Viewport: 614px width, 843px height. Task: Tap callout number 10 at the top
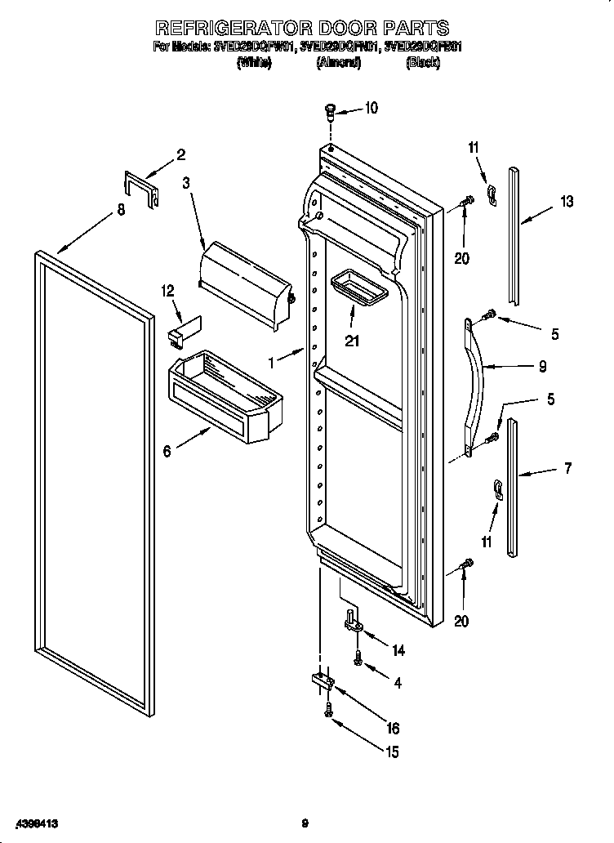click(x=371, y=107)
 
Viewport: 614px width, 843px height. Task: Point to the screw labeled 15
click(x=328, y=711)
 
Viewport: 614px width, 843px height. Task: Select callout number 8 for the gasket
click(x=120, y=210)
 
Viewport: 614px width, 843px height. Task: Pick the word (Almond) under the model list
click(x=338, y=63)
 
